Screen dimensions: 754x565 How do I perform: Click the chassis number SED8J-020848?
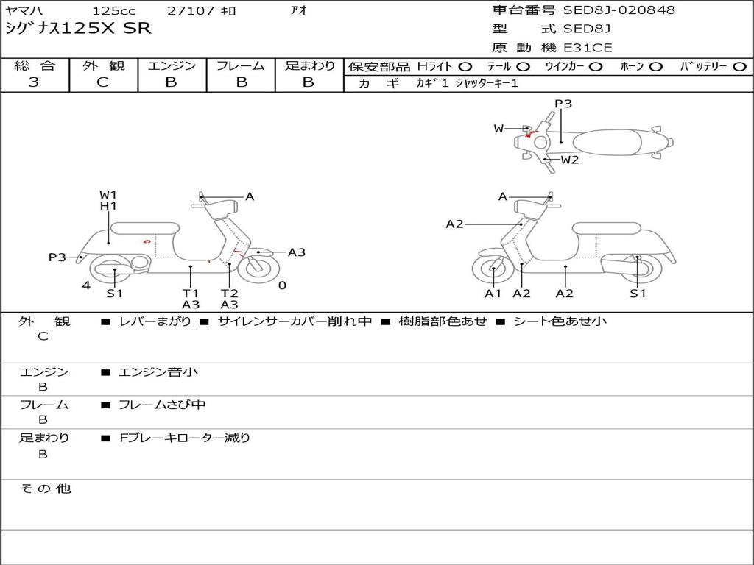(x=619, y=10)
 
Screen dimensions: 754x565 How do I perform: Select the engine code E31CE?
(x=588, y=48)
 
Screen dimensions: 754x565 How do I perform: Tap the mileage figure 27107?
(x=191, y=11)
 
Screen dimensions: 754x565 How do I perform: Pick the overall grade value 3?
(x=34, y=82)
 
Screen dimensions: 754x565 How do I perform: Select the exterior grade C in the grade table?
(x=102, y=82)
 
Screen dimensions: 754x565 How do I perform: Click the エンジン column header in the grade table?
(x=172, y=65)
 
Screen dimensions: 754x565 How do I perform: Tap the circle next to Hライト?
(x=465, y=66)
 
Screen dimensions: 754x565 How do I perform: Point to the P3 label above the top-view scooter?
(x=563, y=104)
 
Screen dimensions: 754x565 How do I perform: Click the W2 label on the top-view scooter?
(x=570, y=160)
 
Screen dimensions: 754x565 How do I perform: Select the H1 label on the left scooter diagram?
(x=108, y=206)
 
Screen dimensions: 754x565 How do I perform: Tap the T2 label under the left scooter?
(x=229, y=293)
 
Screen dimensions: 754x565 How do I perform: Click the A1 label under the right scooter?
(x=493, y=294)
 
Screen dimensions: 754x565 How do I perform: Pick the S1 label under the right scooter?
(x=638, y=294)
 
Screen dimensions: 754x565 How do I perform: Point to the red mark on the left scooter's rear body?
(x=147, y=241)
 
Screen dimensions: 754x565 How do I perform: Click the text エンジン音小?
(x=158, y=372)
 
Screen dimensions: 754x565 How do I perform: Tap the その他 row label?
(x=45, y=488)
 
